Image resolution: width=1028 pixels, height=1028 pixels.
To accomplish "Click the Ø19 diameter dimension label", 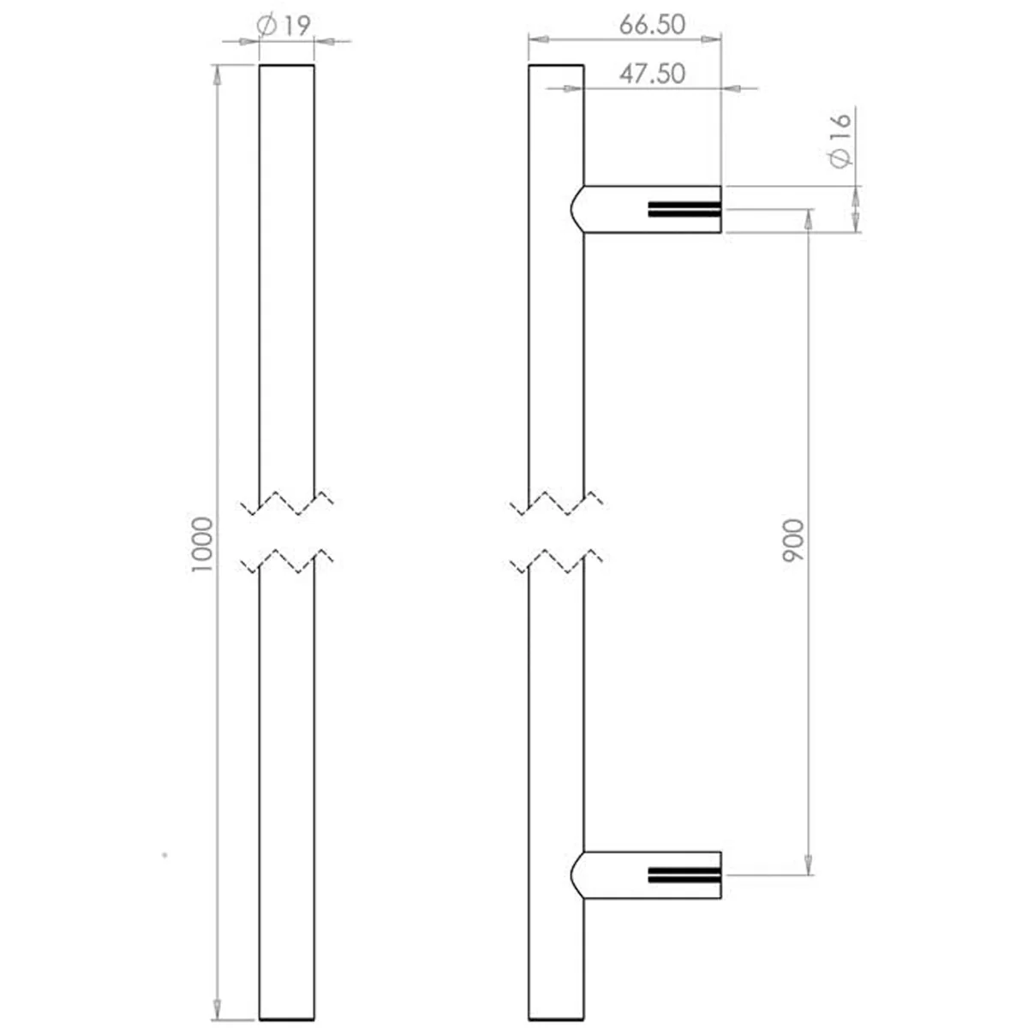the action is [284, 26].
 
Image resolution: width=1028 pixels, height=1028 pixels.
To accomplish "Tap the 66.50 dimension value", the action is [652, 25].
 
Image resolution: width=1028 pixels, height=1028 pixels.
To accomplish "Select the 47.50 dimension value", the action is [652, 74].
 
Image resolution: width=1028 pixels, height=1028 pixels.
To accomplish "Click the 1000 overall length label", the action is [202, 545].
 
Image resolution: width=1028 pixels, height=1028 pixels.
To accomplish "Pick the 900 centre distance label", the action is [792, 541].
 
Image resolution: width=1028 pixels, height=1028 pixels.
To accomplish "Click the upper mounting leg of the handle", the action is [647, 209].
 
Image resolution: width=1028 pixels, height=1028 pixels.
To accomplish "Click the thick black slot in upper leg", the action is [684, 210].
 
